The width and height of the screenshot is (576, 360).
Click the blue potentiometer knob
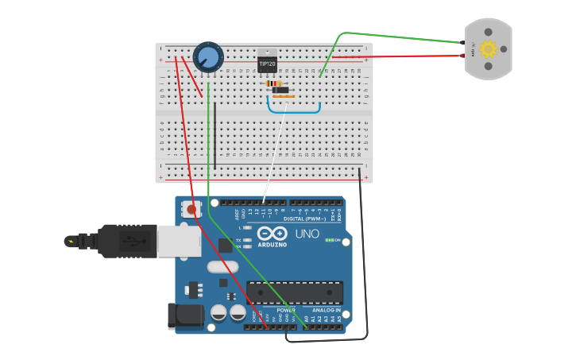(208, 56)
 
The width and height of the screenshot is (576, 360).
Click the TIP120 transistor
(268, 62)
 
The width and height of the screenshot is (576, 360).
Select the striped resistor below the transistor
(273, 83)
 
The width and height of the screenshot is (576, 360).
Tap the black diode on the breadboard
(280, 90)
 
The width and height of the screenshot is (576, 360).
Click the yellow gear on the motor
(488, 49)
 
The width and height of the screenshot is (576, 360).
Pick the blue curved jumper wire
(293, 111)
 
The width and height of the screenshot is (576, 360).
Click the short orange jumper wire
(283, 97)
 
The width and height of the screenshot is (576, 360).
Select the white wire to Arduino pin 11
(274, 151)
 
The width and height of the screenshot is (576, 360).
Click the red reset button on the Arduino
(191, 210)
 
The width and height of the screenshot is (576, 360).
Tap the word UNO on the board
(307, 234)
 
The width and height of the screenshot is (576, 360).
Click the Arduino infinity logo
(272, 234)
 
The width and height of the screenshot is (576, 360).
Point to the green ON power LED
(329, 240)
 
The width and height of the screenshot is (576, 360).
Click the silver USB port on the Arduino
(179, 241)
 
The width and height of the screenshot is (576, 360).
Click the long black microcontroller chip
(295, 292)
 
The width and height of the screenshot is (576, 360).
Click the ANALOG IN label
(326, 310)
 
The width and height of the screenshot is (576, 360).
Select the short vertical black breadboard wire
(215, 135)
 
